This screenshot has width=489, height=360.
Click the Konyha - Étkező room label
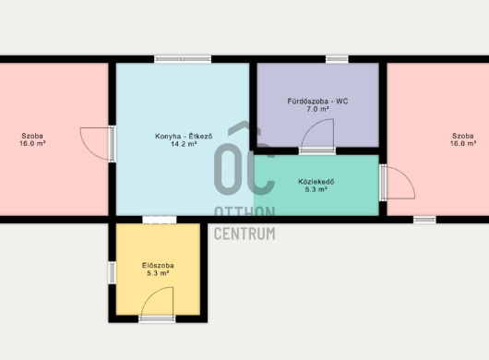pos(184,137)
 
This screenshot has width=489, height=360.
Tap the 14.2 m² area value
pos(184,144)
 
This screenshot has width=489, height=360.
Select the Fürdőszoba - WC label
pos(317,102)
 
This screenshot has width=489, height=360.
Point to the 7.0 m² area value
pos(317,109)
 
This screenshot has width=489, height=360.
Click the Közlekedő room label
pos(316,182)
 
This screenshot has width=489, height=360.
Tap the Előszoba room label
pos(158,266)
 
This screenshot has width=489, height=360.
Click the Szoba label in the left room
pos(32,136)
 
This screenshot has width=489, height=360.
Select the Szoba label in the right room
pos(463,136)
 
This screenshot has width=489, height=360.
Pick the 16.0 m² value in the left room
pos(32,143)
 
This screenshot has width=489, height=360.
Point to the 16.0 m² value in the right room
pos(463,143)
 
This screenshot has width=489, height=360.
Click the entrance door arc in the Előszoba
pos(149,294)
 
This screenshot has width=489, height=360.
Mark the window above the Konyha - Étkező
pos(183,59)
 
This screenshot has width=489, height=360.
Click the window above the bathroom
pos(337,59)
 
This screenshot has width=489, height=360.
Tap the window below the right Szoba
pos(424,220)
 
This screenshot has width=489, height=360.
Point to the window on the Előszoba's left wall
pos(112,272)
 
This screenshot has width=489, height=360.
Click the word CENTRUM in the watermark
pos(244,234)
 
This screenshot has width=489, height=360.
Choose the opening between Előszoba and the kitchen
pos(160,220)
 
